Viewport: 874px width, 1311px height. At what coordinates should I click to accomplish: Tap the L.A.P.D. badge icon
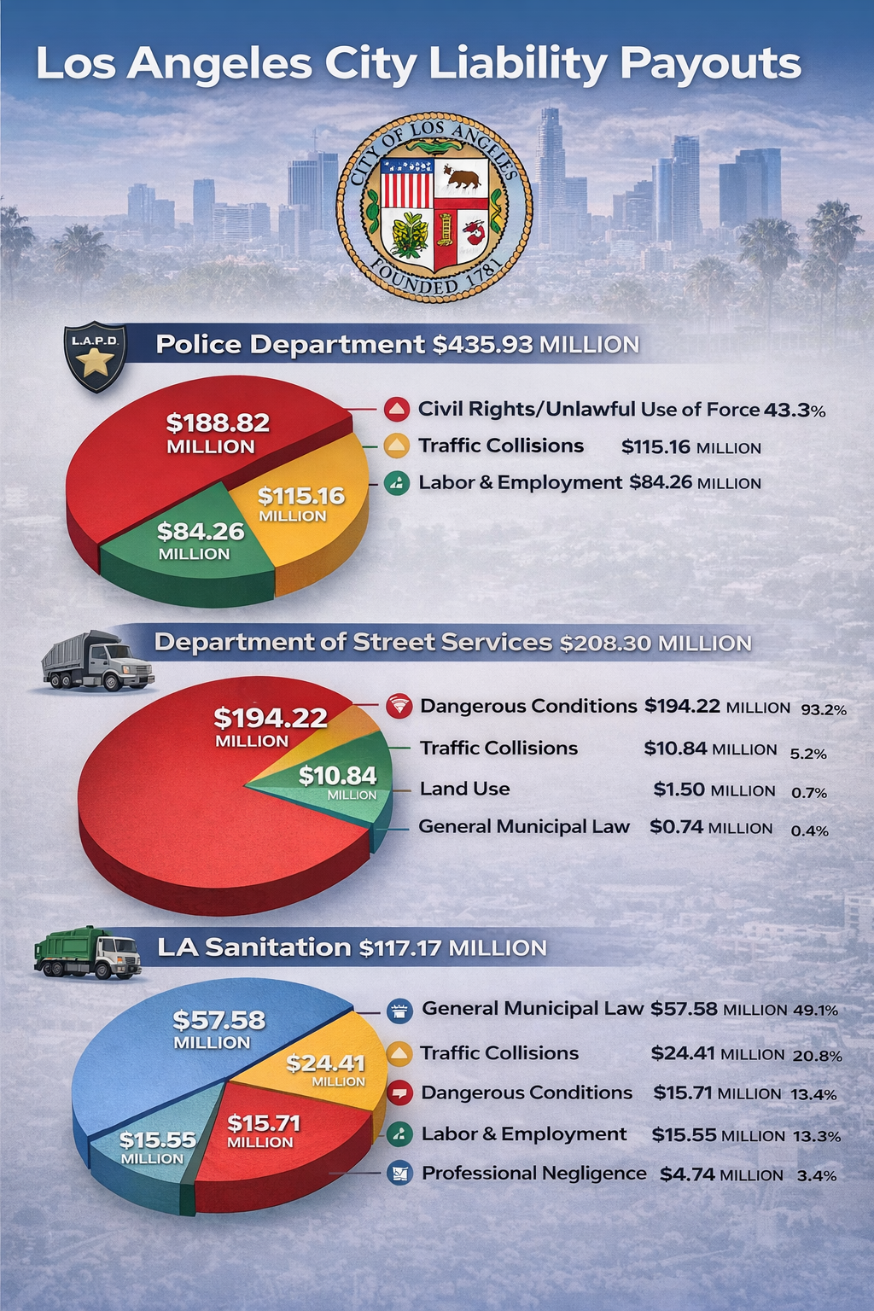tap(96, 357)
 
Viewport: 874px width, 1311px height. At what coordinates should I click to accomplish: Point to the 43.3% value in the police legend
tap(794, 410)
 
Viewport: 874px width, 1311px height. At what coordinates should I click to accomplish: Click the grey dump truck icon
tap(96, 661)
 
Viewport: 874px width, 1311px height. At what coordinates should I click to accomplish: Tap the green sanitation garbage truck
tap(87, 953)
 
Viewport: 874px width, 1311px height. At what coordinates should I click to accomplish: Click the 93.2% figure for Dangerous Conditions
tap(823, 708)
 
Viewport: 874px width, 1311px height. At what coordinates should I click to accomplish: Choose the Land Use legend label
tap(464, 789)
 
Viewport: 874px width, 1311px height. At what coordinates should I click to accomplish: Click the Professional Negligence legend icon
tap(399, 1174)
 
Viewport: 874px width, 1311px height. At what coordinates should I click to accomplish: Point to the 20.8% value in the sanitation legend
tap(817, 1055)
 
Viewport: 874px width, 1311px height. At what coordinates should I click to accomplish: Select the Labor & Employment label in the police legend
tap(520, 482)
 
